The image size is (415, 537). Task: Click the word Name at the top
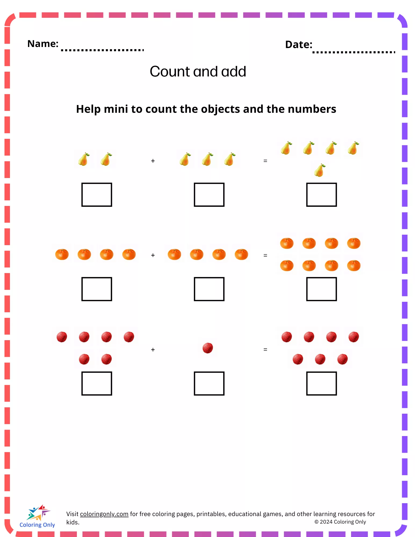[43, 44]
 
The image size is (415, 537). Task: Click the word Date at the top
[298, 45]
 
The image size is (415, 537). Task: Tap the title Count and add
[198, 72]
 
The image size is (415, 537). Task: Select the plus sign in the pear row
[153, 161]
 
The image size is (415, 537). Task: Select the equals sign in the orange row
[265, 255]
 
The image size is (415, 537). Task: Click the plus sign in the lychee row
[153, 350]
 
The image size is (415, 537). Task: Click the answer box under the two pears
[97, 195]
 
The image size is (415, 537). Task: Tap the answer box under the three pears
[209, 195]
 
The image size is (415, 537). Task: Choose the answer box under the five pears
[321, 195]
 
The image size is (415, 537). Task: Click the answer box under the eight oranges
[321, 289]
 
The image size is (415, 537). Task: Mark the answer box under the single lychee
[209, 383]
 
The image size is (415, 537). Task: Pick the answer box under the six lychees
[97, 383]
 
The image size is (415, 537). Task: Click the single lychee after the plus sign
[208, 348]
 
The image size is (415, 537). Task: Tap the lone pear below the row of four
[320, 170]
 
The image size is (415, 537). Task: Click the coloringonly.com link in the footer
[104, 514]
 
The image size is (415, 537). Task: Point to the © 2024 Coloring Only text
[340, 522]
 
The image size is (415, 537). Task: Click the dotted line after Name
[102, 50]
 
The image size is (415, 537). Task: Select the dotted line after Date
[353, 52]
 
